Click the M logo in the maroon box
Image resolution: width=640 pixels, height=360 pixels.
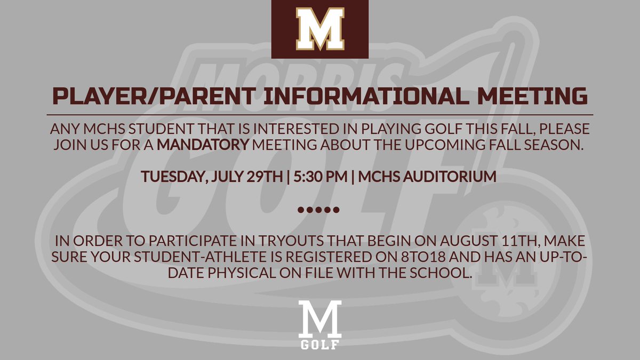coord(320,29)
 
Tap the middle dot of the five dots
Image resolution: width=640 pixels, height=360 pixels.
coord(318,209)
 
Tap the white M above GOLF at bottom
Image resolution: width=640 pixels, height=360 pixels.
coord(320,318)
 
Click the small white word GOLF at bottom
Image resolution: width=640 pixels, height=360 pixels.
coord(320,344)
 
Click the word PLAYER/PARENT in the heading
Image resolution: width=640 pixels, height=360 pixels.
coord(131,97)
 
